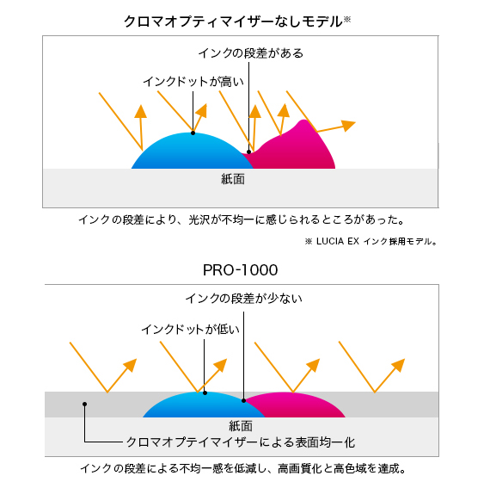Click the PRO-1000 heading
(241, 270)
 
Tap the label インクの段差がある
(251, 53)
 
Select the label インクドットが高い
(193, 82)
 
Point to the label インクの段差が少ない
(244, 299)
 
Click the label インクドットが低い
(191, 330)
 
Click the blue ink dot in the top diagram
(191, 151)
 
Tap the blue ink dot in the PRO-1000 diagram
(203, 406)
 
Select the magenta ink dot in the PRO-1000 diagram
(297, 406)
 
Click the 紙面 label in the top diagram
(233, 179)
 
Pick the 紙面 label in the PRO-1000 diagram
(241, 426)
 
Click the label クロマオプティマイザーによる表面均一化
(241, 442)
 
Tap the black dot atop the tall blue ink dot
(193, 133)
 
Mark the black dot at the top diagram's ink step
(249, 152)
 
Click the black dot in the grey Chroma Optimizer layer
(85, 404)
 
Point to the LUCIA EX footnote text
(371, 241)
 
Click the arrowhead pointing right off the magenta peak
(348, 125)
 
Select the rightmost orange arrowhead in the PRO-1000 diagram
(399, 365)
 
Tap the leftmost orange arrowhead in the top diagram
(141, 112)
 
